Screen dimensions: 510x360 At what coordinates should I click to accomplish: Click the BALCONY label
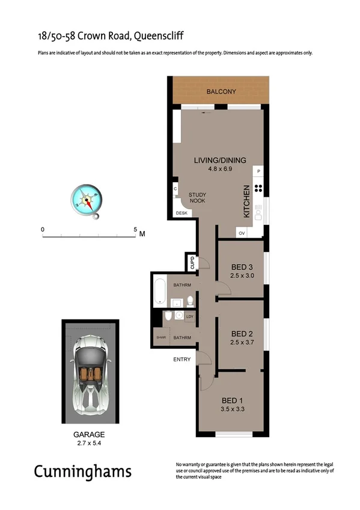pos(221,92)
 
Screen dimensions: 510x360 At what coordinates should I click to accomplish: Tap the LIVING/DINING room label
pos(220,160)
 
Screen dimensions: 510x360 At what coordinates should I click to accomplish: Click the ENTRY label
pos(182,360)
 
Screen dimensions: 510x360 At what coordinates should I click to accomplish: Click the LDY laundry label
pos(189,316)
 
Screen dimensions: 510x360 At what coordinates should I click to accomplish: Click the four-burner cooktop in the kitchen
pos(258,188)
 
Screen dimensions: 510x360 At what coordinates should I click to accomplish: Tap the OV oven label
pos(242,233)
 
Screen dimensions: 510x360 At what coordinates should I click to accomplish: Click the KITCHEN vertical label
pos(246,201)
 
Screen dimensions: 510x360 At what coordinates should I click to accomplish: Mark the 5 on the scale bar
pos(136,230)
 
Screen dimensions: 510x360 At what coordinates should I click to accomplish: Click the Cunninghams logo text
pos(82,471)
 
